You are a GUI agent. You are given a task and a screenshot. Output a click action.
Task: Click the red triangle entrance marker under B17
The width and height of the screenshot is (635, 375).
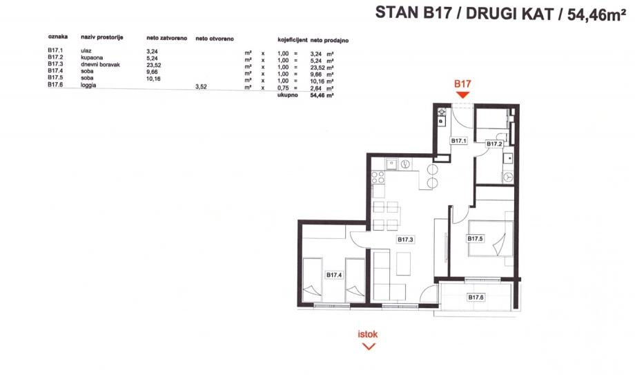462,94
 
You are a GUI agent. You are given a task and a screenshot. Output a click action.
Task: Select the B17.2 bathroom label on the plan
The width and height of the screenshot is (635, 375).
494,144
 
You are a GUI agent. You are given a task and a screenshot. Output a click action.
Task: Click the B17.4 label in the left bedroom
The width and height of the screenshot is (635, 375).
335,274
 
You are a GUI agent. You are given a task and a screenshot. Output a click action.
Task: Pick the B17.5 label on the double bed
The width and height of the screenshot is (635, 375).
475,239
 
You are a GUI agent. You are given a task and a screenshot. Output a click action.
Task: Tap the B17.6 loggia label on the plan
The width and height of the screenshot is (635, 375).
476,297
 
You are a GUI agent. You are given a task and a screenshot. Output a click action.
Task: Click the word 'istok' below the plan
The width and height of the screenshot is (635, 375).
368,335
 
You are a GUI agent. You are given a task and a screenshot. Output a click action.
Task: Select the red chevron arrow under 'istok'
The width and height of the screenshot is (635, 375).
369,346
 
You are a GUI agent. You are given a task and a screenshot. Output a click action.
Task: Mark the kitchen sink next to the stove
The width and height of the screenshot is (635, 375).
391,165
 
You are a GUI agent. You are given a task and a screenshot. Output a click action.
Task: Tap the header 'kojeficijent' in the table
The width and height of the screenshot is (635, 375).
291,40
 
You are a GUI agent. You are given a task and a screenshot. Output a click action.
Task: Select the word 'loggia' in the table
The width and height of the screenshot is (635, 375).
88,86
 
